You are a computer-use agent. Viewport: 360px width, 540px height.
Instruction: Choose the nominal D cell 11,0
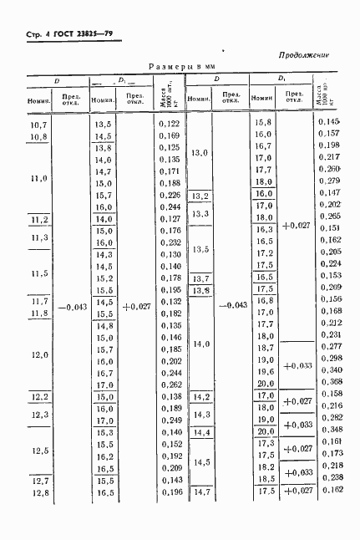[x=39, y=177]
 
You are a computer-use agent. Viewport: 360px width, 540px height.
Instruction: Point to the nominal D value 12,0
[x=39, y=354]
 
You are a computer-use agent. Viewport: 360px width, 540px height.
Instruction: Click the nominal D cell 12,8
[x=39, y=492]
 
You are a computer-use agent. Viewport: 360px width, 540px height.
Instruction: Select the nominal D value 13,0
[x=200, y=152]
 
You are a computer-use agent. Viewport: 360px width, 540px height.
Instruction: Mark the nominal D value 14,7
[x=200, y=492]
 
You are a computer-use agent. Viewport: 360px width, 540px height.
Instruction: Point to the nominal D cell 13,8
[x=200, y=290]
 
